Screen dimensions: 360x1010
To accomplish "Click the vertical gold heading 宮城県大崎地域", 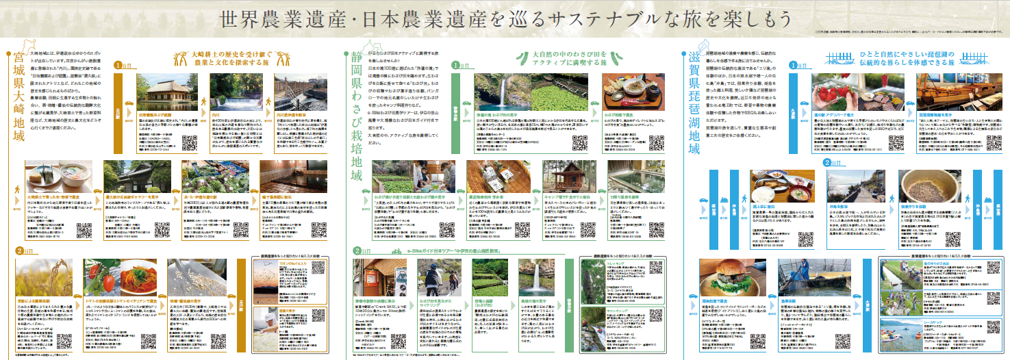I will (10, 114).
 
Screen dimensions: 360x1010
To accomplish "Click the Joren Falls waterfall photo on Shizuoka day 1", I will (503, 97).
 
